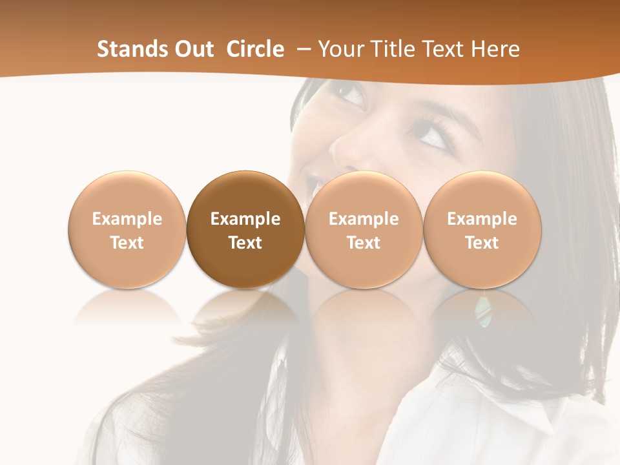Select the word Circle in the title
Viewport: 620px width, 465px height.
click(255, 49)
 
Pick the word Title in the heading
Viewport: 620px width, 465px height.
click(393, 49)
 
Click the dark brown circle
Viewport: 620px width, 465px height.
click(245, 229)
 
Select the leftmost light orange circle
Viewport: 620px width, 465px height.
click(127, 229)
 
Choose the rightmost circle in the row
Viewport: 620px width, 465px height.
click(482, 229)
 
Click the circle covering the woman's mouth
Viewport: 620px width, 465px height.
click(364, 229)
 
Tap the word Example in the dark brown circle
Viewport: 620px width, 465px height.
click(245, 219)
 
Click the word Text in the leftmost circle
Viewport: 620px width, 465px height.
click(127, 243)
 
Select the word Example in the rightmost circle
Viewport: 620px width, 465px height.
click(482, 219)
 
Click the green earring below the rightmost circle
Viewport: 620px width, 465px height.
click(482, 309)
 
